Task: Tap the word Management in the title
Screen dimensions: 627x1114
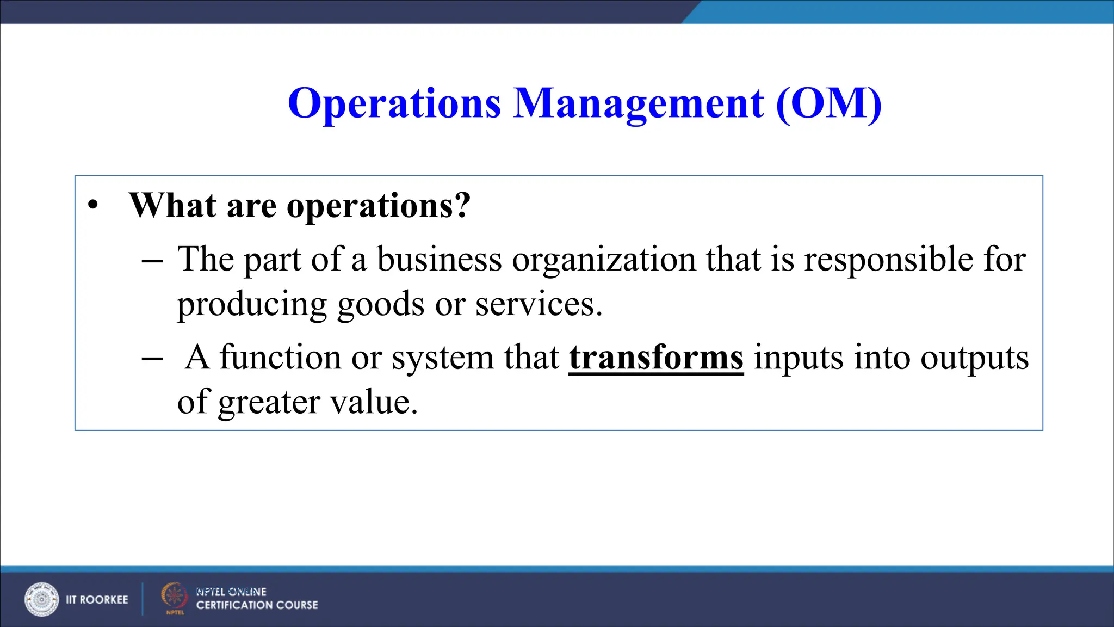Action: (639, 103)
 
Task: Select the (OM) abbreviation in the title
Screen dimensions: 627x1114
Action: (828, 103)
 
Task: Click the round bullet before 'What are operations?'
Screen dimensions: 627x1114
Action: (94, 206)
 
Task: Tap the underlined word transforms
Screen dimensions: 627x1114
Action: (656, 358)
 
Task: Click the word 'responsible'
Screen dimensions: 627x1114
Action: (888, 259)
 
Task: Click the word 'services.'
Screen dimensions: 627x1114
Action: (539, 304)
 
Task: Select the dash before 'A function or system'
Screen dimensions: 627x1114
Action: (152, 359)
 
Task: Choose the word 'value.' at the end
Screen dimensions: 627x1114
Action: (374, 402)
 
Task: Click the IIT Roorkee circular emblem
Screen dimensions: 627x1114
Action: (41, 599)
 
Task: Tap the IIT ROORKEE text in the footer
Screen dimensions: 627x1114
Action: (97, 600)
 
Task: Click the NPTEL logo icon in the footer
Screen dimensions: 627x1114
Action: (174, 598)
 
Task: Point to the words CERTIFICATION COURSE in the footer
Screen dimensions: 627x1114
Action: (257, 605)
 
